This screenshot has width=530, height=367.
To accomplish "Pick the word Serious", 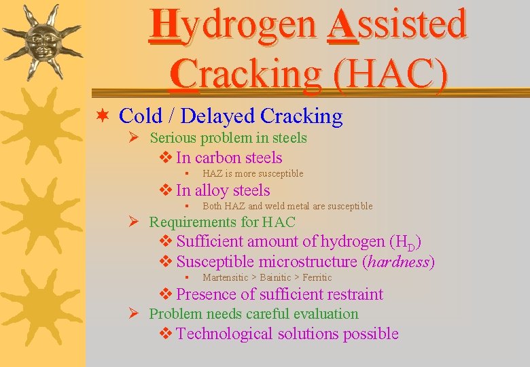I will click(x=173, y=138).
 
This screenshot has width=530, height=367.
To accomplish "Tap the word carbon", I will click(x=217, y=158).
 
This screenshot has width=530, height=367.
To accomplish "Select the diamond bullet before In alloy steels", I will click(x=166, y=191).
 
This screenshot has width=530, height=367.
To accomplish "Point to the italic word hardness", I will click(x=398, y=262).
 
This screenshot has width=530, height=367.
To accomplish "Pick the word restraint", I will click(x=356, y=294).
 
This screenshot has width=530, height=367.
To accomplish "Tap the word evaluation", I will click(x=322, y=314).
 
